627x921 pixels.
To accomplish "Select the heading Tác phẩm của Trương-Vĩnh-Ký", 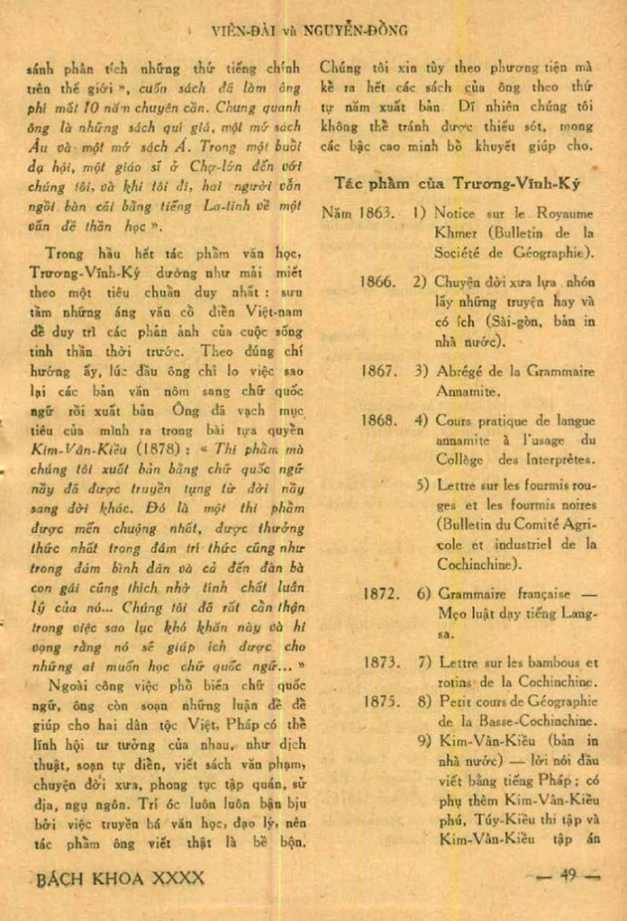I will point(457,183).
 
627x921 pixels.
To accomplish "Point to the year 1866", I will point(377,281).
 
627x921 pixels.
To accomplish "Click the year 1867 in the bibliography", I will point(377,371).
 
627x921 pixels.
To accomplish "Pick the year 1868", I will point(377,420).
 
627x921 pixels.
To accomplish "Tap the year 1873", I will point(381,662).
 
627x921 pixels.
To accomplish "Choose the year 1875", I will point(381,701).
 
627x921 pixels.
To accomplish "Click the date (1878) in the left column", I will point(137,447).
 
